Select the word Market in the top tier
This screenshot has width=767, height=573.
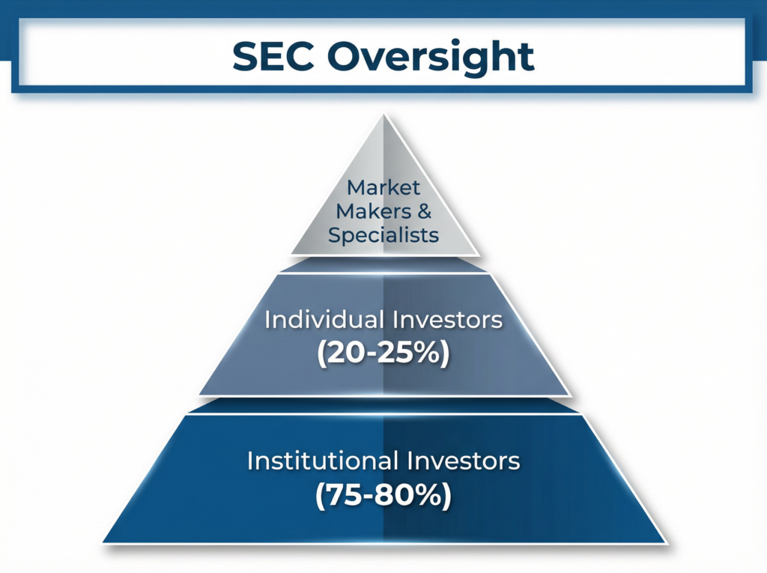[383, 187]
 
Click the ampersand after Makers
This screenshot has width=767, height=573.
[424, 210]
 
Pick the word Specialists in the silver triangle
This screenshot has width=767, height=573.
[383, 234]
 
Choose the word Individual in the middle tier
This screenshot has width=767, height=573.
[323, 320]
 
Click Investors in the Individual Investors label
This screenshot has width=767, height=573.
[448, 320]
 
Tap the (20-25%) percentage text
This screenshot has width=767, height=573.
[383, 353]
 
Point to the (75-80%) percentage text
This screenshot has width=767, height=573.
[383, 495]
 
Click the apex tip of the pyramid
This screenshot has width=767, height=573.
[383, 116]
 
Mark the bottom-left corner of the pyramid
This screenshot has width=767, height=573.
[104, 542]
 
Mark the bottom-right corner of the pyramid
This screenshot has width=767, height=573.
[664, 542]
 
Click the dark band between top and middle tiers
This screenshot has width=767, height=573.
[383, 264]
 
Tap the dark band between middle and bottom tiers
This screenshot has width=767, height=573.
[383, 405]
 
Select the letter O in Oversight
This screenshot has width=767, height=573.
[349, 56]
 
